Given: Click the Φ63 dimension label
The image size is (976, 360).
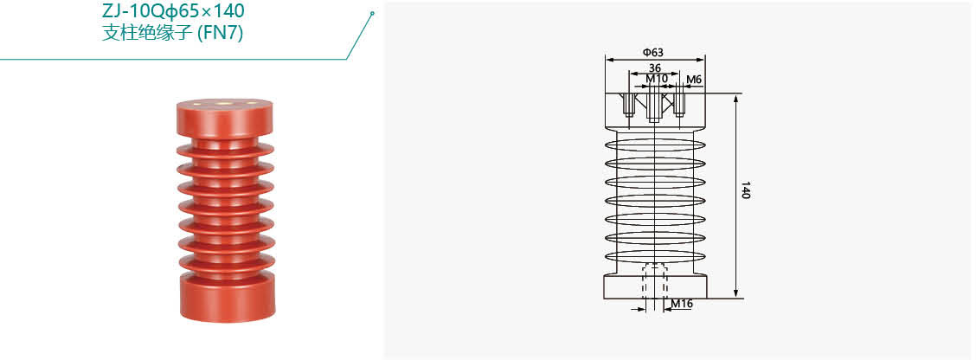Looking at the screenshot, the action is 653,52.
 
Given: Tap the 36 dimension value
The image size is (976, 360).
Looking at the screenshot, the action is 654,67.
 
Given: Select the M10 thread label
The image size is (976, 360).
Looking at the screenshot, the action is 657,79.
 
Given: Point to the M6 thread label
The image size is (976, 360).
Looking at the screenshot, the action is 694,79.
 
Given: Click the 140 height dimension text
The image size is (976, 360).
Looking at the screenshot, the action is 745,190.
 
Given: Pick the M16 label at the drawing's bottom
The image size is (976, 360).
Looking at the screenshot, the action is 682,304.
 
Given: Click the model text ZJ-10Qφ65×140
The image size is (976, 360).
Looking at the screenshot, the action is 173,10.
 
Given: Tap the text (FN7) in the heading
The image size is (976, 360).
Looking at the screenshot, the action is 220,32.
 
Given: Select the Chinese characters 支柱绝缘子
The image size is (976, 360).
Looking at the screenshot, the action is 147,32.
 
